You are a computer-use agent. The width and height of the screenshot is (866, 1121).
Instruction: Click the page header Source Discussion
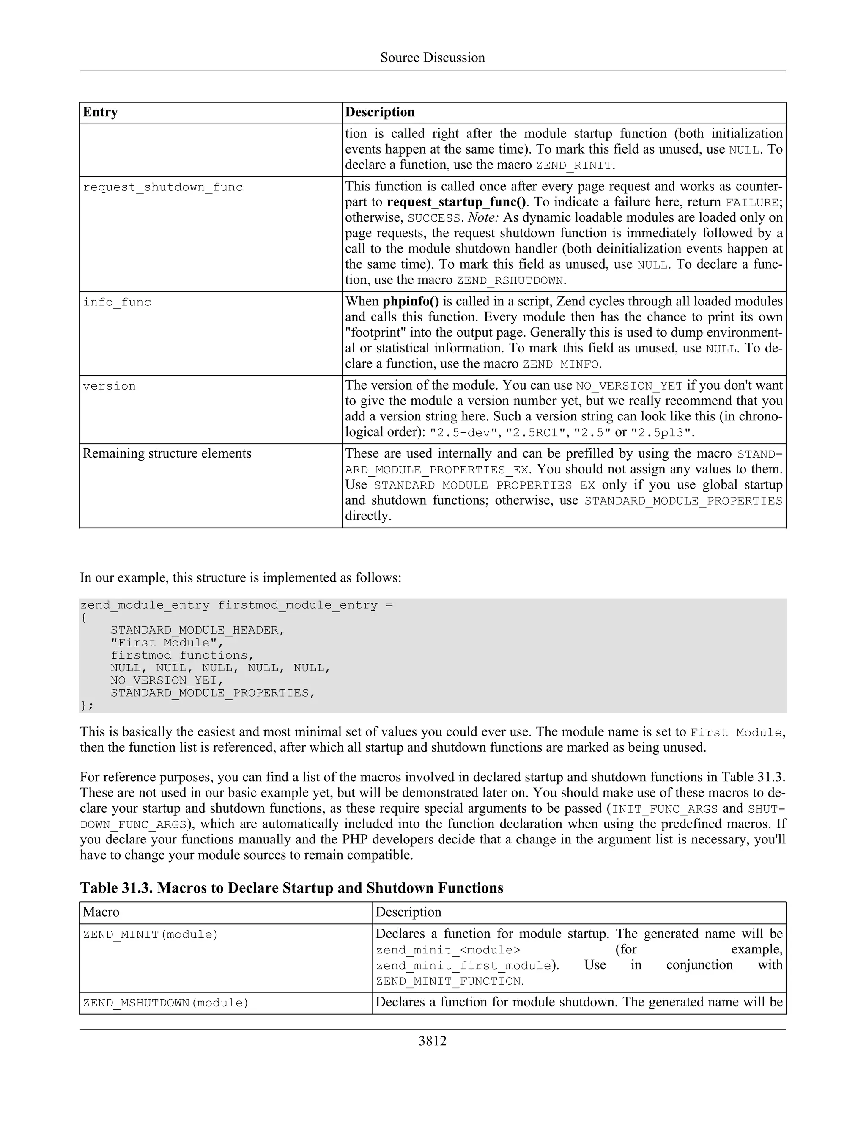(x=433, y=58)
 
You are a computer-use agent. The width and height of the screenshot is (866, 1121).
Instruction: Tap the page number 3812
(x=433, y=1041)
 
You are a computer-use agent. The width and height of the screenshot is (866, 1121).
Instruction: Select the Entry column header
(x=101, y=113)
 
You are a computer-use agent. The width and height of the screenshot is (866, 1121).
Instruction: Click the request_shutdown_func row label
(x=163, y=187)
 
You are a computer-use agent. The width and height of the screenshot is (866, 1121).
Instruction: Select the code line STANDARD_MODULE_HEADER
(x=197, y=630)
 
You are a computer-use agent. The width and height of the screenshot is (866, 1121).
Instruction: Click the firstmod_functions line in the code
(x=182, y=655)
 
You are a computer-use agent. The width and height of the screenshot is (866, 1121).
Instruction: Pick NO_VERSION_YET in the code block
(x=167, y=681)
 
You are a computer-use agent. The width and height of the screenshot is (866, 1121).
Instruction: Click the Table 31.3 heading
(x=291, y=888)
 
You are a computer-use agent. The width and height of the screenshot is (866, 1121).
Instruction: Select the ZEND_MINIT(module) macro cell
(x=150, y=935)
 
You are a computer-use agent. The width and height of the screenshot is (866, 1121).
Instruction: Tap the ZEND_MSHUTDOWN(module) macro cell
(x=165, y=1003)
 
